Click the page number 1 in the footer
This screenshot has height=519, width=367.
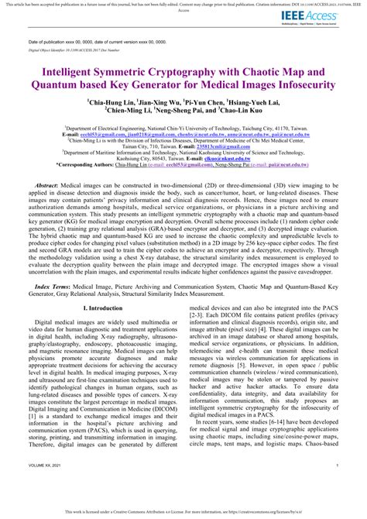(338, 486)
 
